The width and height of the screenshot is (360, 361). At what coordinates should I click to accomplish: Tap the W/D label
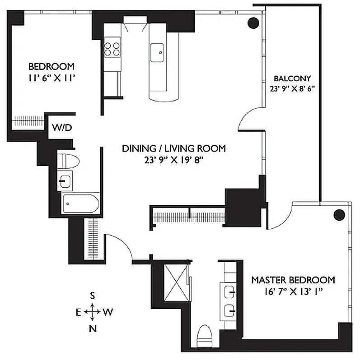click(x=62, y=127)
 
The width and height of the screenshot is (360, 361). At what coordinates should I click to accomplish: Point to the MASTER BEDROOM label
click(x=293, y=280)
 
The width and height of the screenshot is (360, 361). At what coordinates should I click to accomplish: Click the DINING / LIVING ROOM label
click(x=174, y=148)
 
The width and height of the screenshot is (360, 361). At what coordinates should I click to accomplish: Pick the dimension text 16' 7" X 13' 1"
click(x=293, y=292)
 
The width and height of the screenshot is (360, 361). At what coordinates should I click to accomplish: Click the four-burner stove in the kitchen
click(x=112, y=48)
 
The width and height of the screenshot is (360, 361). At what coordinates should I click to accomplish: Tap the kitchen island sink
click(x=157, y=52)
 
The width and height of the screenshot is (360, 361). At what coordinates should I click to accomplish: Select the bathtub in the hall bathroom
click(x=80, y=204)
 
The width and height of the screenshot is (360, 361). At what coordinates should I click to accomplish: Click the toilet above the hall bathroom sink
click(x=69, y=161)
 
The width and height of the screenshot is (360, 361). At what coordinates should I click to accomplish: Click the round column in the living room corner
click(x=254, y=22)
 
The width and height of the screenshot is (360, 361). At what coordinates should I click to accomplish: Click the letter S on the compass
click(x=93, y=296)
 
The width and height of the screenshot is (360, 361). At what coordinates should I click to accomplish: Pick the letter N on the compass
click(x=93, y=329)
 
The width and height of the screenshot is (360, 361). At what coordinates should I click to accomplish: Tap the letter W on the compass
click(x=108, y=312)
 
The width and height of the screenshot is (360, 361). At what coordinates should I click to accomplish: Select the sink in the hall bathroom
click(x=66, y=181)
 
